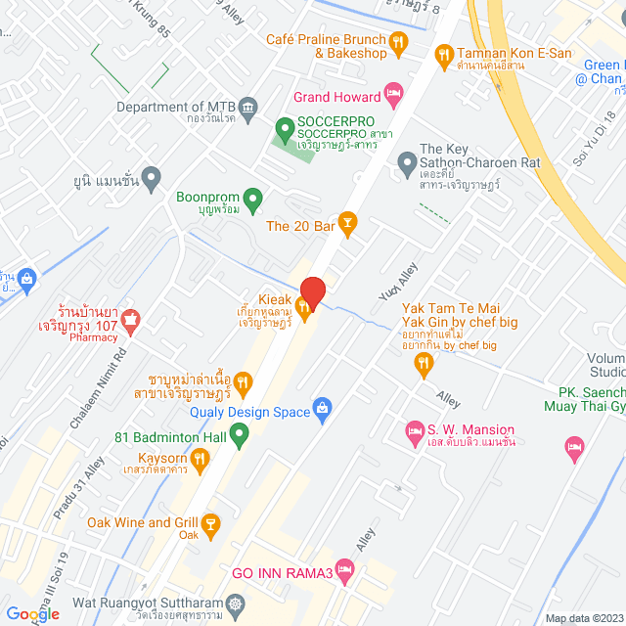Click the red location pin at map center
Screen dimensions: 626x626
click(312, 291)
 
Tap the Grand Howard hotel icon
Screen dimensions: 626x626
click(394, 96)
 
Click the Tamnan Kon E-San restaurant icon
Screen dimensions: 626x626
click(444, 54)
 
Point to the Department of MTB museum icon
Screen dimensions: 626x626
click(248, 106)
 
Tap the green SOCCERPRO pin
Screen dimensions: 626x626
click(285, 127)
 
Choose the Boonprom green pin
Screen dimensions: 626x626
click(253, 201)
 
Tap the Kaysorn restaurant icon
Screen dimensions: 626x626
click(200, 457)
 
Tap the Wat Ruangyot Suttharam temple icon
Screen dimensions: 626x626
click(235, 604)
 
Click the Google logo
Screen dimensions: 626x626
click(31, 613)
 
